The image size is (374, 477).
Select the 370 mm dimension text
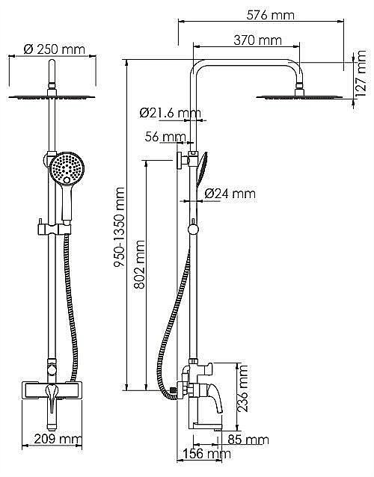(258, 40)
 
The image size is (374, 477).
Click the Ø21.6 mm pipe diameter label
(171, 113)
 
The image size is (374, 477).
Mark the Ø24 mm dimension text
(230, 194)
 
